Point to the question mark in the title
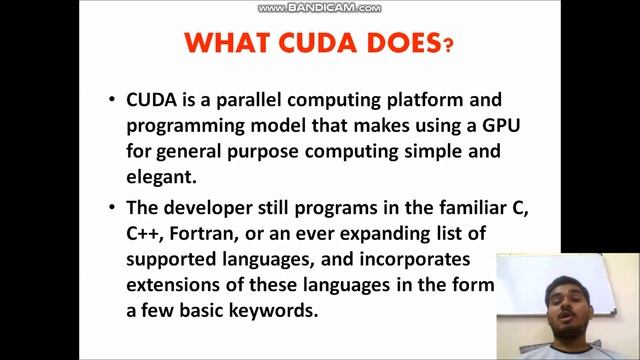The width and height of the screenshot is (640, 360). click(x=448, y=46)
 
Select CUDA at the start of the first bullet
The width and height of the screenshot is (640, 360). click(x=149, y=101)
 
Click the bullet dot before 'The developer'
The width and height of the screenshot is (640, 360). click(x=113, y=209)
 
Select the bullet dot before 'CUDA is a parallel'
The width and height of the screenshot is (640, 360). click(x=113, y=101)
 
